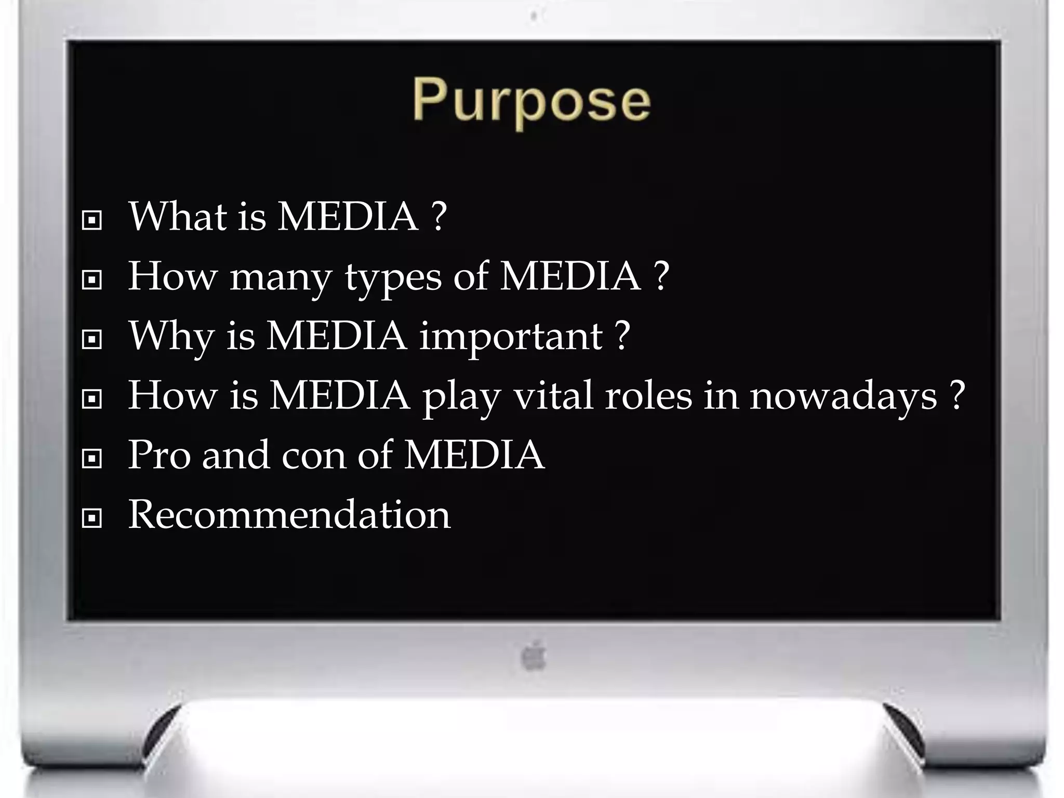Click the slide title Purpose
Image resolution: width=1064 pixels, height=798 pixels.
point(531,100)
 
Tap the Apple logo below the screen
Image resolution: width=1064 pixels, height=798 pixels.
point(534,656)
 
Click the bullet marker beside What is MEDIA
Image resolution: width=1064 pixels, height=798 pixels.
point(92,220)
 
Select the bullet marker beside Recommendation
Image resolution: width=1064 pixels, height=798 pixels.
point(92,518)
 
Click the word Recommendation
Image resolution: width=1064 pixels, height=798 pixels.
point(289,514)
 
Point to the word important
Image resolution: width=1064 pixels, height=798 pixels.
point(511,337)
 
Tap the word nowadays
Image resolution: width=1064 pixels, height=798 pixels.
point(843,396)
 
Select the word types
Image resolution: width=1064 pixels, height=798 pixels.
point(393,277)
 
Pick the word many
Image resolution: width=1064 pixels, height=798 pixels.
point(281,278)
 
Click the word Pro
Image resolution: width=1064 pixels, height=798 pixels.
point(159,455)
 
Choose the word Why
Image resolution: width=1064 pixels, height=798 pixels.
point(171,337)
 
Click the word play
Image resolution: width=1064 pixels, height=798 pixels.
point(461,397)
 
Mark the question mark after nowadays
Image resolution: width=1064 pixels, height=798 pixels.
point(956,395)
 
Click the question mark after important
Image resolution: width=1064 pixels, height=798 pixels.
point(622,336)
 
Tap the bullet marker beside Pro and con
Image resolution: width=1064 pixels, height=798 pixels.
point(92,458)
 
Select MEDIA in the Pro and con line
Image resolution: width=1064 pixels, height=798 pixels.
point(474,455)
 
